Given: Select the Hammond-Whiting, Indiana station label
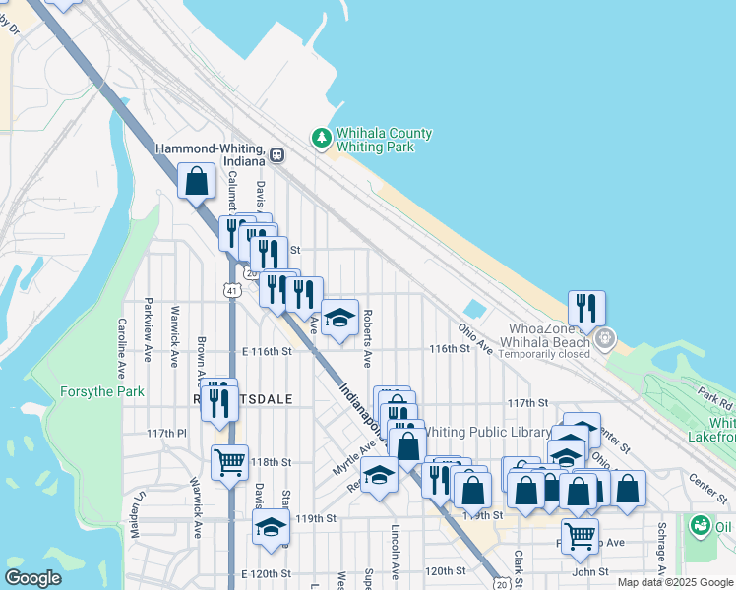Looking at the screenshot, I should (x=211, y=153).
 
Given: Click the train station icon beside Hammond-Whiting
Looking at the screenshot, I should (x=278, y=154).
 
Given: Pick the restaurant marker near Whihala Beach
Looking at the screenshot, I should (x=586, y=307).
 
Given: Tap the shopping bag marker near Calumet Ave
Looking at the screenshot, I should (x=197, y=180).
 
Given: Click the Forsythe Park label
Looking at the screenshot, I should (x=102, y=391).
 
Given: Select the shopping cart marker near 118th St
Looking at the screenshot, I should (x=229, y=460).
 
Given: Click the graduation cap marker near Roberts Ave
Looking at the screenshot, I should (x=340, y=317).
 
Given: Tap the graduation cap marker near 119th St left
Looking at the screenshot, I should (x=272, y=526).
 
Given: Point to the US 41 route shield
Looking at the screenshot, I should (x=230, y=291).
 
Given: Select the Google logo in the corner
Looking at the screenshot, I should (x=34, y=578).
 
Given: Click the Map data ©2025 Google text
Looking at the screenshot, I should (x=674, y=582).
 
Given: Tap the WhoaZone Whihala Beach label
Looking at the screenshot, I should (x=549, y=334).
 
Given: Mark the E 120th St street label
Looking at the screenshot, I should (x=267, y=572).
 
